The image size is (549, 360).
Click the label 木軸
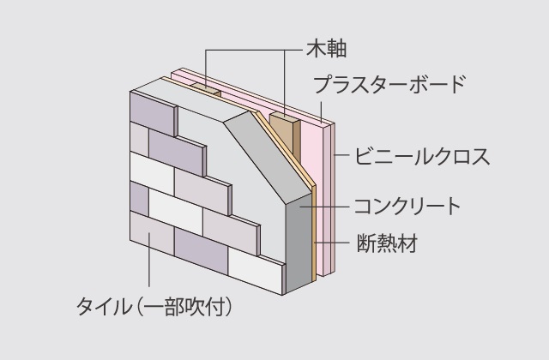(327, 49)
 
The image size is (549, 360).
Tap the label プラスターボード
(389, 84)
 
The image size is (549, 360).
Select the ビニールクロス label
(422, 156)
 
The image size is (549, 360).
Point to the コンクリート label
(407, 207)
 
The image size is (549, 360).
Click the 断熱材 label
(387, 243)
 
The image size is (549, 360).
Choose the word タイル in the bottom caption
(103, 307)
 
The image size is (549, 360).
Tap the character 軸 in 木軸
(336, 49)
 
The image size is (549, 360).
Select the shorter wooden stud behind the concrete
(207, 90)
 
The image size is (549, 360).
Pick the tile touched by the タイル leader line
(152, 233)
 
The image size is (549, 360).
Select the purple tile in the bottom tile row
(202, 251)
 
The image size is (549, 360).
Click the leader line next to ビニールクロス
(341, 155)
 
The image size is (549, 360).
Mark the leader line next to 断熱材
(332, 242)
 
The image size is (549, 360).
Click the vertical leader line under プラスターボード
(321, 112)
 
